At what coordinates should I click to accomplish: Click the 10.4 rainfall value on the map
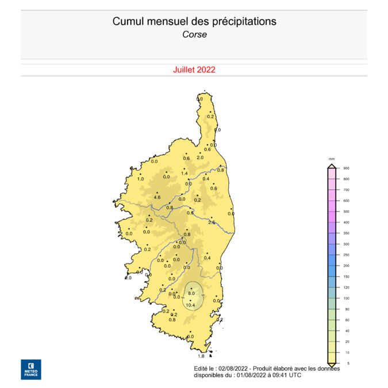(191, 305)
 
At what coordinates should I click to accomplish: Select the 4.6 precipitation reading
(156, 198)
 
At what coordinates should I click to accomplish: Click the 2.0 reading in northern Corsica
(200, 157)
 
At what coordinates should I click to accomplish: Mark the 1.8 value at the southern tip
(201, 356)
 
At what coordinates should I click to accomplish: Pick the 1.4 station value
(185, 174)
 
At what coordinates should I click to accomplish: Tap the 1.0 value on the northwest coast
(140, 179)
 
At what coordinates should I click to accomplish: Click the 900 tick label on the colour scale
(346, 168)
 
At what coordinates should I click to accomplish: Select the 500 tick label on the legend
(346, 212)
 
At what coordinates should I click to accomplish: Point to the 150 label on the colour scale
(346, 276)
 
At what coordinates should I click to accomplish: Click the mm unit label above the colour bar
(332, 158)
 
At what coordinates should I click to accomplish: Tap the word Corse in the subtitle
(194, 34)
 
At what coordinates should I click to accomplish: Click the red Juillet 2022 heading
(194, 70)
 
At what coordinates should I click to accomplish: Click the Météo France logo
(31, 370)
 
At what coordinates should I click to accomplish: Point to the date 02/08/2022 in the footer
(235, 368)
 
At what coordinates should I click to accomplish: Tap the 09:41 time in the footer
(278, 375)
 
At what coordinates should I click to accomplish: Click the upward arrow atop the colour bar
(332, 166)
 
